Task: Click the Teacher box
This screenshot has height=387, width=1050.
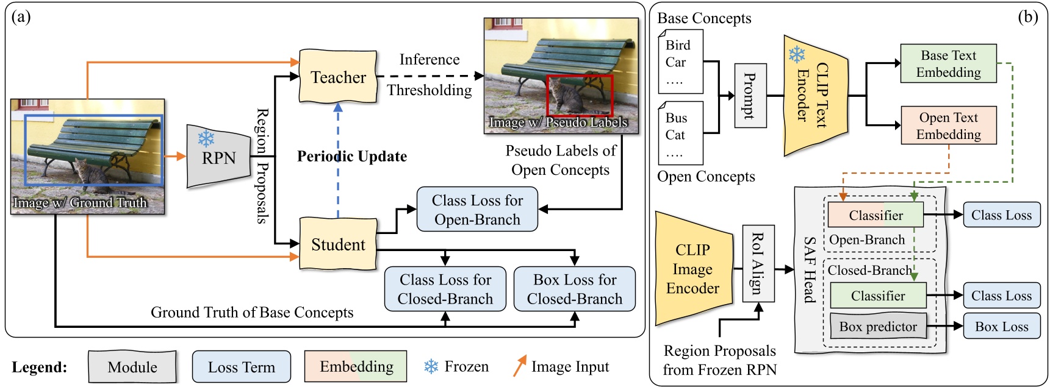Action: [x=338, y=77]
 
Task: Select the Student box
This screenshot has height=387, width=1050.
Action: [x=338, y=244]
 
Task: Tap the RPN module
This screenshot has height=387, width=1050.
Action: [x=219, y=157]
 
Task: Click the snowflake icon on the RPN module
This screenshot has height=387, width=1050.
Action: [x=206, y=138]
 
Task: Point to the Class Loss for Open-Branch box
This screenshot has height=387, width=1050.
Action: [x=477, y=210]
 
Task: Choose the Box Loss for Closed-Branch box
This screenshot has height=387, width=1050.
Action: [x=574, y=289]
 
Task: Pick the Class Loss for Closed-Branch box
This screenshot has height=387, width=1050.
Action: [x=445, y=289]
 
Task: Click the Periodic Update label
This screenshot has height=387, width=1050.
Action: [x=352, y=157]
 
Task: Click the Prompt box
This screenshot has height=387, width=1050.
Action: [x=750, y=96]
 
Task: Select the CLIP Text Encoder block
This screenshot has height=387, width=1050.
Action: [x=815, y=96]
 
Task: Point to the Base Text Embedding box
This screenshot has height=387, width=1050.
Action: [x=948, y=63]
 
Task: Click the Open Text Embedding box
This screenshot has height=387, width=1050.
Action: [x=948, y=126]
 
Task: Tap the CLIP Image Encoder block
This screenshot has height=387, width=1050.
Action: [x=692, y=269]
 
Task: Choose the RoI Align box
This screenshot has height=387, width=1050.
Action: [x=758, y=263]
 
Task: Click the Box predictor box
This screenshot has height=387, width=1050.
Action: [x=878, y=327]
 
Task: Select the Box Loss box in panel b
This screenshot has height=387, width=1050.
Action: [x=1001, y=327]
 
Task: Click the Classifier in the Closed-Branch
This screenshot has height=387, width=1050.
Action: [x=878, y=296]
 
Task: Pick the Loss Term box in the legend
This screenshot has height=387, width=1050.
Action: [x=241, y=367]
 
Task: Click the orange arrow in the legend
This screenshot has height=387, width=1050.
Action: [x=519, y=366]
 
